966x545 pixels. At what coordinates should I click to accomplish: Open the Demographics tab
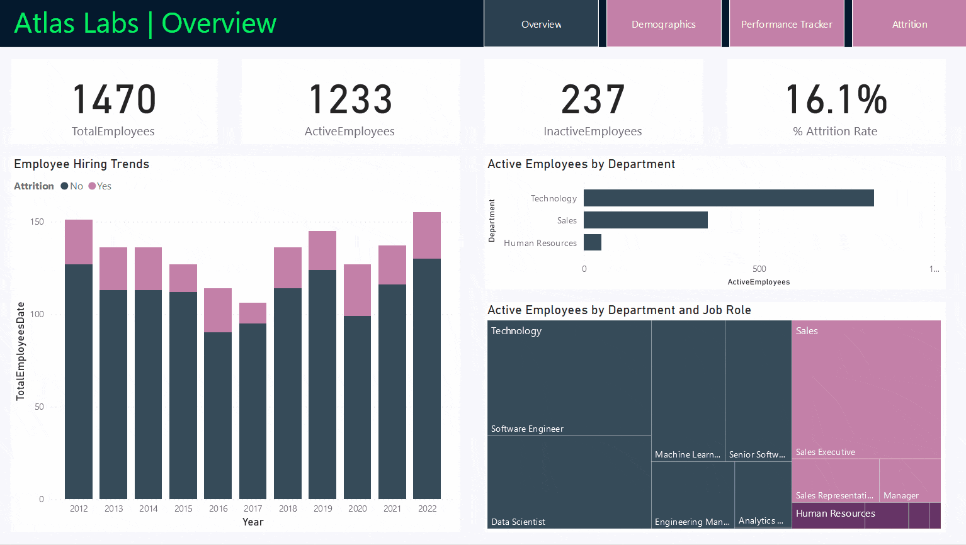664,24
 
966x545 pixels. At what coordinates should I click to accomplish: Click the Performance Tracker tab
787,24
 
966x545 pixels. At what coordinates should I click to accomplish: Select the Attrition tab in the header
909,24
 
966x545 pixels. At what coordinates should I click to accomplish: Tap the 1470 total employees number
114,100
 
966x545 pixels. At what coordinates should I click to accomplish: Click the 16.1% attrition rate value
836,100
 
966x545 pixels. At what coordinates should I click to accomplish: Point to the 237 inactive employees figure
593,100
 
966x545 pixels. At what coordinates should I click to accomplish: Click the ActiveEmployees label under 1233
349,132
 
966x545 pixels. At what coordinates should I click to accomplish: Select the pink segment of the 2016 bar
218,310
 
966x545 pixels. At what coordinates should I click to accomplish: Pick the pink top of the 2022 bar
427,235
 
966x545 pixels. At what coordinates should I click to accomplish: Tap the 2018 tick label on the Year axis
288,508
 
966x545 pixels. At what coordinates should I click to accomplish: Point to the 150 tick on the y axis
37,222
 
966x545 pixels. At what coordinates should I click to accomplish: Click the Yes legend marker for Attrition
92,186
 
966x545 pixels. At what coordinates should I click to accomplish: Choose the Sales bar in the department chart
645,220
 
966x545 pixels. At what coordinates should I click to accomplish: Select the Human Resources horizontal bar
593,242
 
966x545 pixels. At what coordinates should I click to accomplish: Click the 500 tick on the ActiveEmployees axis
759,269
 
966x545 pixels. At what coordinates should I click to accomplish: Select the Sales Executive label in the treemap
825,452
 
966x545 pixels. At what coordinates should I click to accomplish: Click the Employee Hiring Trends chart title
82,164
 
